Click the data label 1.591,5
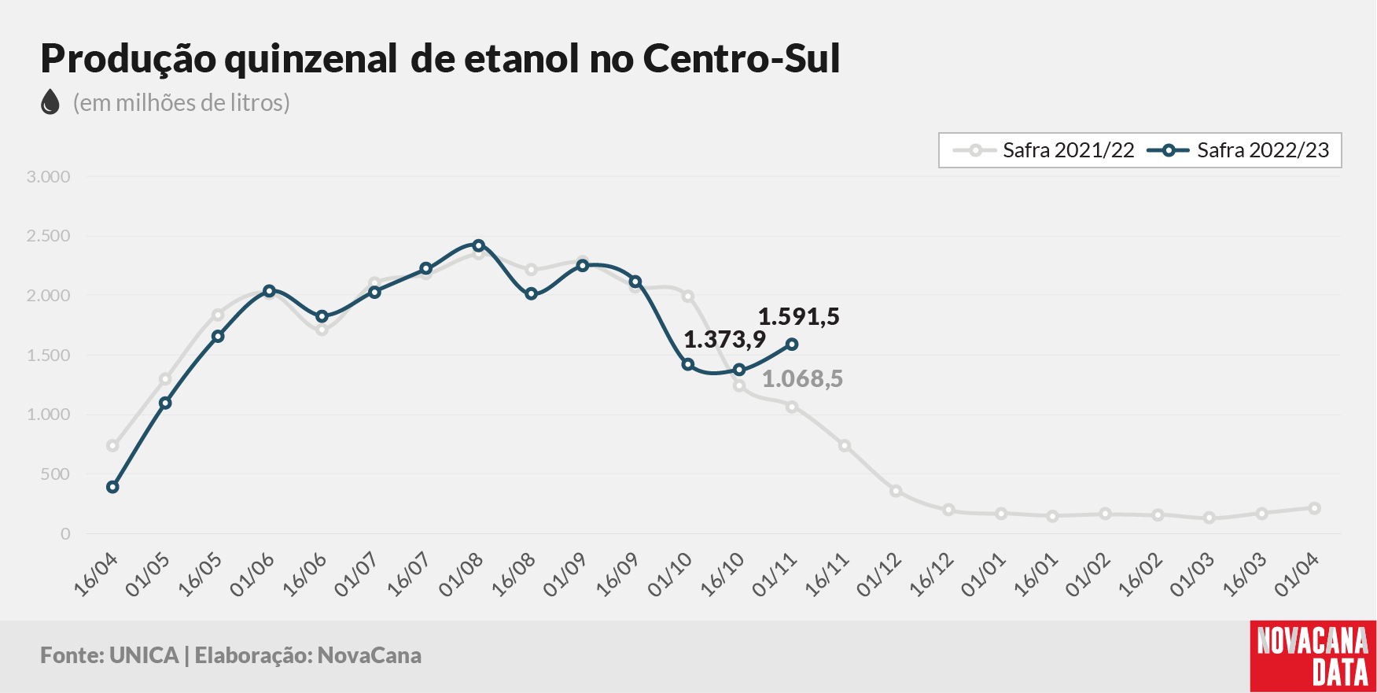pos(798,317)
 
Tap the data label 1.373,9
pos(724,340)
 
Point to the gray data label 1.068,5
pos(802,379)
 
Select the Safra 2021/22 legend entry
pos(1043,150)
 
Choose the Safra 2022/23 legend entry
pos(1238,150)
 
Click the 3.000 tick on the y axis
pos(48,177)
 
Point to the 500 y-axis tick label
pos(55,474)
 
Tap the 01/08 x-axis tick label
pos(461,574)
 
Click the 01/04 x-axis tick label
pos(1296,574)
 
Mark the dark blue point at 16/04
pos(112,487)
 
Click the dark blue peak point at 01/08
pos(478,245)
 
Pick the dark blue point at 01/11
pos(792,345)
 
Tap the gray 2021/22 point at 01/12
pos(896,491)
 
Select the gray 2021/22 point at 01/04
pos(1314,508)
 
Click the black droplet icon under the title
pos(50,102)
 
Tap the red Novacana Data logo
pos(1313,657)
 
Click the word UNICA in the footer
pos(144,656)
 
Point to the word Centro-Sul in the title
pos(742,59)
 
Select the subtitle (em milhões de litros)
pos(182,103)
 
